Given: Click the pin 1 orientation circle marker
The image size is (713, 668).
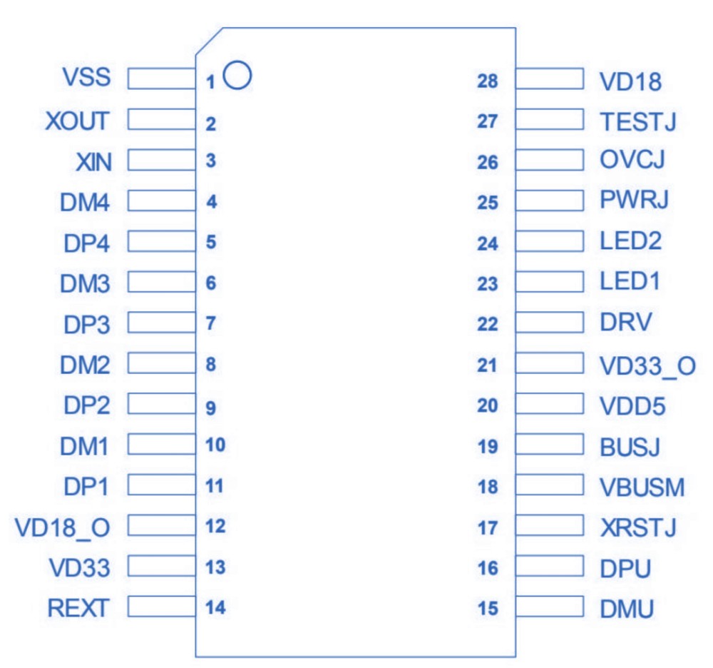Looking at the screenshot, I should (x=237, y=75).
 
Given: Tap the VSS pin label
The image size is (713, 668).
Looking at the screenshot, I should (x=88, y=77).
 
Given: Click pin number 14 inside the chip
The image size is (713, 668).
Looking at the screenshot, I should (x=215, y=608).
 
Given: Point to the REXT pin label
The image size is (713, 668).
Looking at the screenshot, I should (x=78, y=609).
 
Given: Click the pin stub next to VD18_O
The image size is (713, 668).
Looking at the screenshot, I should (x=162, y=527).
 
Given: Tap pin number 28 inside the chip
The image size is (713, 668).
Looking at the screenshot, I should (x=488, y=81).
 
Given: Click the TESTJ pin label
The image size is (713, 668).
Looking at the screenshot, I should (x=637, y=122).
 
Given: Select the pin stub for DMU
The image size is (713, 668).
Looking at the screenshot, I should (x=549, y=609).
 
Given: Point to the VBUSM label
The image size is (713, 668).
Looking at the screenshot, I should (x=642, y=488).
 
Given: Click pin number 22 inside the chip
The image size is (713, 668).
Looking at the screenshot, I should (x=488, y=325).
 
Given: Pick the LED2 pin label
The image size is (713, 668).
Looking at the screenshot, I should (x=631, y=241).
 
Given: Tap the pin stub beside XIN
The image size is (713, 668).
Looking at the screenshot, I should (x=162, y=161).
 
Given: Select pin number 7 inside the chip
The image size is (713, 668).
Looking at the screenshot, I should (x=210, y=323).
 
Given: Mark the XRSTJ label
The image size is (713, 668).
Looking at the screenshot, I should (x=638, y=528).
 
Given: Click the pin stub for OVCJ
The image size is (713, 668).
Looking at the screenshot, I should (x=549, y=160).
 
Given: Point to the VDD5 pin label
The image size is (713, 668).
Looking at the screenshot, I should (x=633, y=407).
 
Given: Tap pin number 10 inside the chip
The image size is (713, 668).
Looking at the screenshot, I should (x=215, y=446).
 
